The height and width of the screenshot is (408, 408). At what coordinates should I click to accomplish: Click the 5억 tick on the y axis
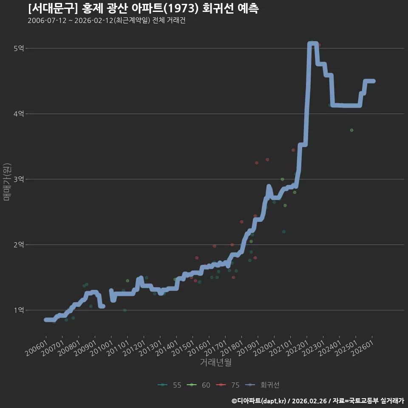(19, 48)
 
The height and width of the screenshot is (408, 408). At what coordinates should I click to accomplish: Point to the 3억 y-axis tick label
(19, 179)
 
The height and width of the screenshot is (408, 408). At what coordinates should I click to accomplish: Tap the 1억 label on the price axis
(19, 310)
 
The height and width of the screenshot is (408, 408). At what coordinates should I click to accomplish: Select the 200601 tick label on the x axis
(37, 348)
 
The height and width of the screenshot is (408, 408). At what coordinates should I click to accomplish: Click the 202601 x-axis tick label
(363, 348)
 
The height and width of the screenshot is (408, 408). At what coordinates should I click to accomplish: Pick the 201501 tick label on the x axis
(184, 348)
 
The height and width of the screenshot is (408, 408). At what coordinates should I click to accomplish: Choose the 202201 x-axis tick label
(297, 348)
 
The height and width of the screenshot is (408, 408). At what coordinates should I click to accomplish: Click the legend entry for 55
(170, 385)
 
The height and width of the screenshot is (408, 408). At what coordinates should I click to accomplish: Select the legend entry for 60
(198, 385)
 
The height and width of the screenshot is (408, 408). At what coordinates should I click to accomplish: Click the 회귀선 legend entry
(262, 385)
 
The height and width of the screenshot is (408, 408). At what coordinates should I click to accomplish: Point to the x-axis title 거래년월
(216, 362)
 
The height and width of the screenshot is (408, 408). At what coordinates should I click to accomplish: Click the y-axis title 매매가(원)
(7, 182)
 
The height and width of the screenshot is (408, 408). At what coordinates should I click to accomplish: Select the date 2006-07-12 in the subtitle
(47, 20)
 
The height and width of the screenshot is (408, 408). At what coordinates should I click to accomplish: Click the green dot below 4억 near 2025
(351, 130)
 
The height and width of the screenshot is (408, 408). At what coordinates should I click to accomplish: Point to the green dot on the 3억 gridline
(282, 179)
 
